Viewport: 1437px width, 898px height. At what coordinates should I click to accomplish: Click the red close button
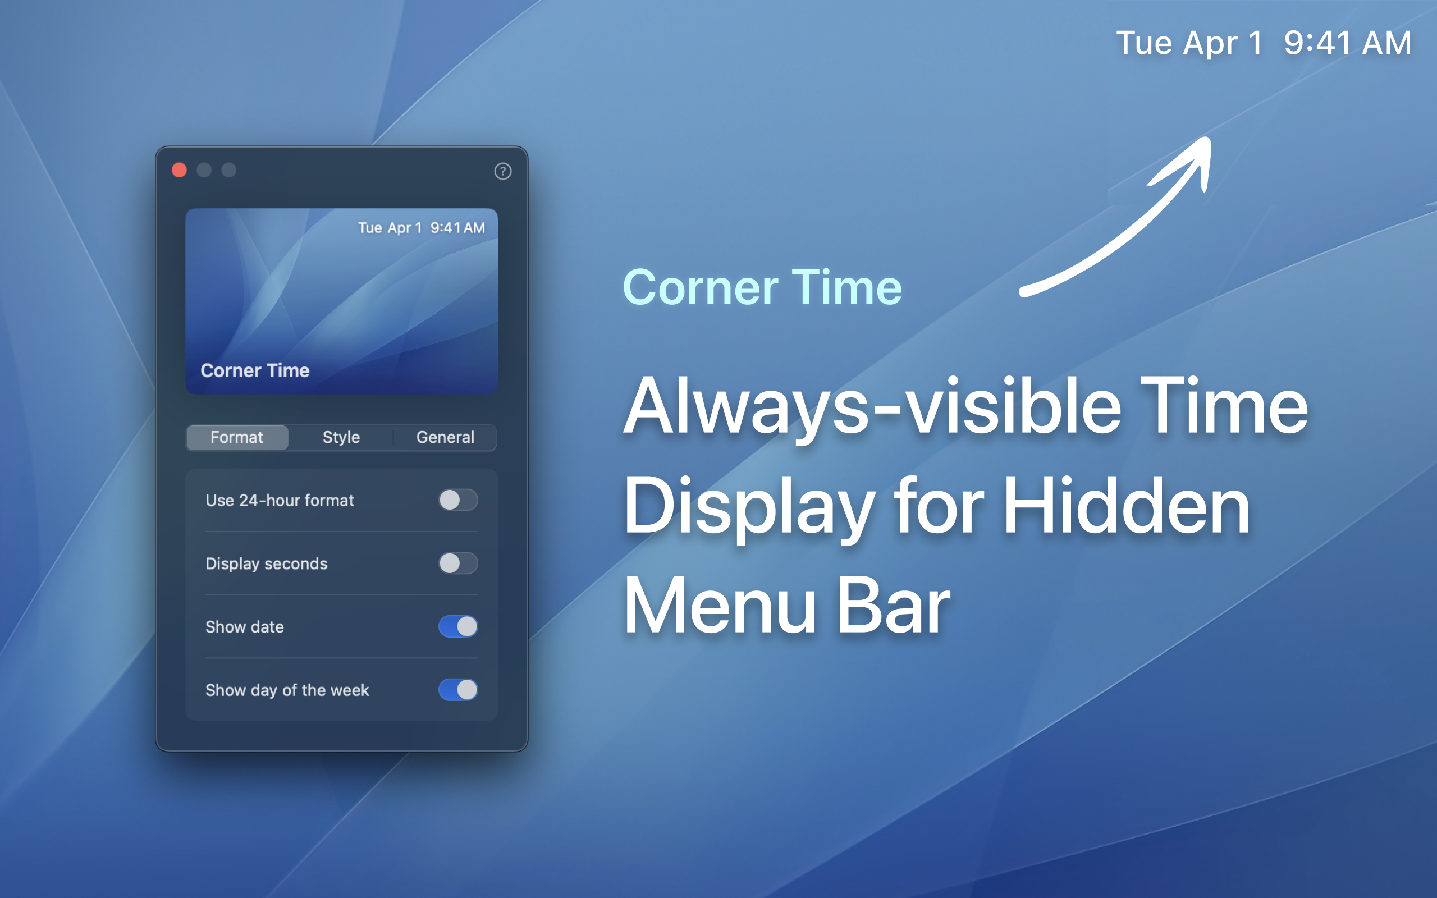pos(179,171)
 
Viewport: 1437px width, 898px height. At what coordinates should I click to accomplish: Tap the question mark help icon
pos(503,171)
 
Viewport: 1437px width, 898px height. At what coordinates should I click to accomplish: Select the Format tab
pos(237,437)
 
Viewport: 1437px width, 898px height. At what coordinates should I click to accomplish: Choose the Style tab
pos(341,437)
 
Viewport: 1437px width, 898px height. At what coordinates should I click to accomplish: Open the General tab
pos(445,437)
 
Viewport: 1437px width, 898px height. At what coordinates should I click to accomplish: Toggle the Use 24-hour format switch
pos(458,500)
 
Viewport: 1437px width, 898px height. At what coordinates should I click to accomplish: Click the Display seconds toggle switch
pos(458,563)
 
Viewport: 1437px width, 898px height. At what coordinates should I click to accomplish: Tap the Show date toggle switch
pos(458,626)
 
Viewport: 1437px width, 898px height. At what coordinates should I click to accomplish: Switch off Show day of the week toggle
pos(458,690)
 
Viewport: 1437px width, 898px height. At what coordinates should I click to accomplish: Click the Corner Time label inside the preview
pos(255,370)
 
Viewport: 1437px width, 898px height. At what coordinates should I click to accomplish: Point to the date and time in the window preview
pos(422,227)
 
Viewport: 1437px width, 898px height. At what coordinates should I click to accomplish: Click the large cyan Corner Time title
pos(762,287)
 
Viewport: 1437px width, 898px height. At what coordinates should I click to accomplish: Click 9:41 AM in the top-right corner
pos(1348,43)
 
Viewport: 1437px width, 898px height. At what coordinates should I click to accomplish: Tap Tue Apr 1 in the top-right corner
pos(1189,43)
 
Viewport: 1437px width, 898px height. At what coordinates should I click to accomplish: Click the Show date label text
pos(245,626)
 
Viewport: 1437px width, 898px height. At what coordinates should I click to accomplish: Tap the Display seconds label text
pos(267,563)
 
